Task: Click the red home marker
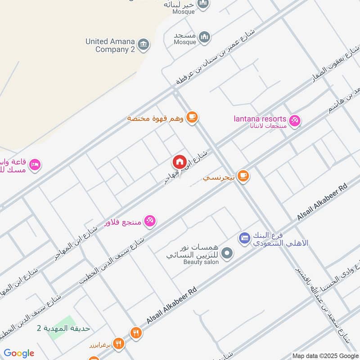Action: [x=179, y=162]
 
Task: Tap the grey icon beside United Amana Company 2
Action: [x=144, y=44]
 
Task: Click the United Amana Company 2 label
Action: [x=111, y=45]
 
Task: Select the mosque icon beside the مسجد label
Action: [x=204, y=36]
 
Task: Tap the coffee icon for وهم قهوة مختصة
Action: [x=192, y=117]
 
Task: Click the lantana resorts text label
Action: [x=260, y=119]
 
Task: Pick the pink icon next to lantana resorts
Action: [x=295, y=121]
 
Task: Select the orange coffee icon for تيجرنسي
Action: [x=243, y=175]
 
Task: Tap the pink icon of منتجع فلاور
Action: [x=150, y=220]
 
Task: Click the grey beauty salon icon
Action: [x=228, y=253]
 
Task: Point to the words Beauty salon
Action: [x=201, y=262]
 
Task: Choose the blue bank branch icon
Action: [x=244, y=238]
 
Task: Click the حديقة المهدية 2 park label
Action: [x=63, y=328]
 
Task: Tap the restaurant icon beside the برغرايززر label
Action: [x=118, y=343]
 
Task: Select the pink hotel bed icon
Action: [x=36, y=165]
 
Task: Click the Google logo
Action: [x=19, y=353]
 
